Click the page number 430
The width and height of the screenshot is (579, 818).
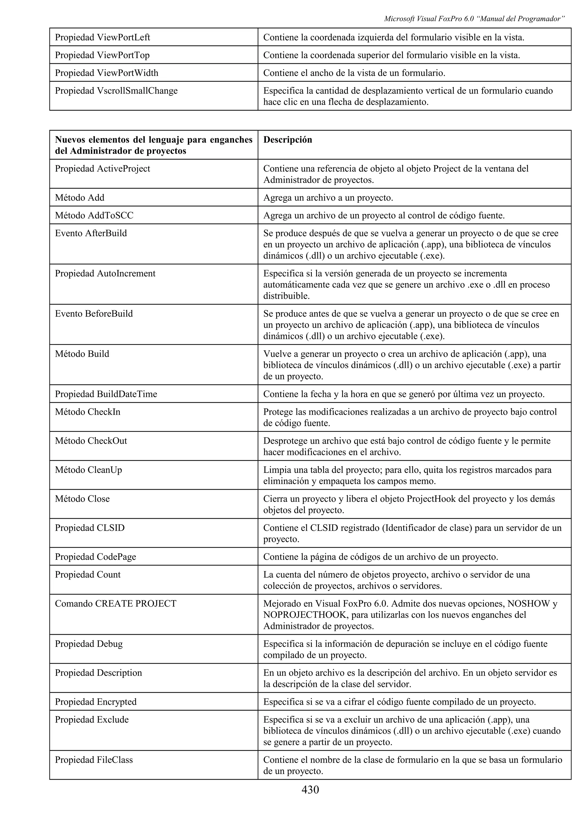(x=310, y=790)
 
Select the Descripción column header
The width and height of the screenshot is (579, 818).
(x=288, y=140)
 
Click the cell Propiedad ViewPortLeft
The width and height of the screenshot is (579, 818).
(x=102, y=38)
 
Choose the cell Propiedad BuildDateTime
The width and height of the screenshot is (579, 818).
(x=106, y=394)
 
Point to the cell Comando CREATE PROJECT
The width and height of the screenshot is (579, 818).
(x=116, y=603)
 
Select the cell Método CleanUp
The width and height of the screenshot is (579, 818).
(x=88, y=470)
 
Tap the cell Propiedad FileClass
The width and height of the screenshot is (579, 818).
(x=94, y=760)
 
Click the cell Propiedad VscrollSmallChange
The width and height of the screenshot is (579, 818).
(x=116, y=91)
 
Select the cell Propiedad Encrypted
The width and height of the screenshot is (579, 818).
(x=96, y=702)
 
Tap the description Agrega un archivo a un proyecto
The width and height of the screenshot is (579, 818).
(x=328, y=198)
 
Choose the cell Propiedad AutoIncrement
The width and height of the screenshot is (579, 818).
(x=105, y=273)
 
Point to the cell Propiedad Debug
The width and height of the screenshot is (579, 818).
(x=89, y=644)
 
